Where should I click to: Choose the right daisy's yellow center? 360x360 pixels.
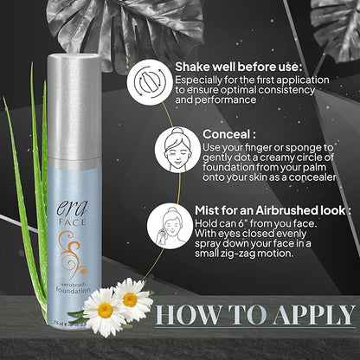tap(131, 299)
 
